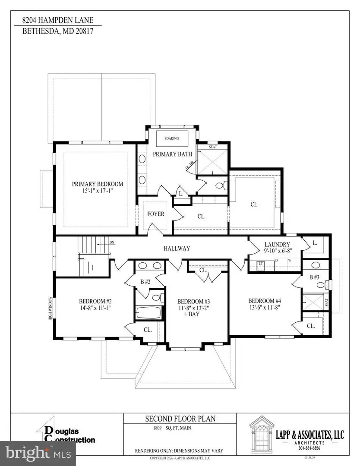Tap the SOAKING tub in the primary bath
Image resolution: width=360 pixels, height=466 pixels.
pos(171,139)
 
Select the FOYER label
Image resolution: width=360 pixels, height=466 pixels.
pos(156,214)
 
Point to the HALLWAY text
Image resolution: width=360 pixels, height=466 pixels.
pos(177,249)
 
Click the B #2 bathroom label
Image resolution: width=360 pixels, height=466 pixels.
pos(145,282)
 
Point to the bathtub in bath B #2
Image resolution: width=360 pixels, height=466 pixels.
pos(148,313)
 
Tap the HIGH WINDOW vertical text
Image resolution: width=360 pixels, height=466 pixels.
pos(51,309)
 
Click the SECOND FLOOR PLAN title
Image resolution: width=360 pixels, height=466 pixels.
pos(180,419)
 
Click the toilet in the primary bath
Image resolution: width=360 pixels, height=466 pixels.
pos(219,186)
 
